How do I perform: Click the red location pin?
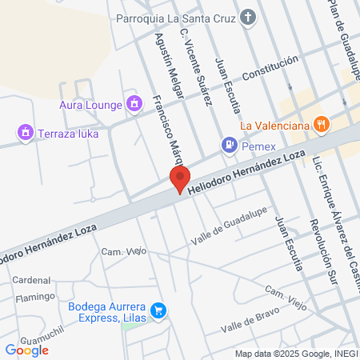tap(180, 178)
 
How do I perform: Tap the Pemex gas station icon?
tap(230, 145)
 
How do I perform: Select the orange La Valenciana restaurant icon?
tap(322, 123)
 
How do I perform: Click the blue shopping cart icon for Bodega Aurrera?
tap(158, 310)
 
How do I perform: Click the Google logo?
tap(26, 350)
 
